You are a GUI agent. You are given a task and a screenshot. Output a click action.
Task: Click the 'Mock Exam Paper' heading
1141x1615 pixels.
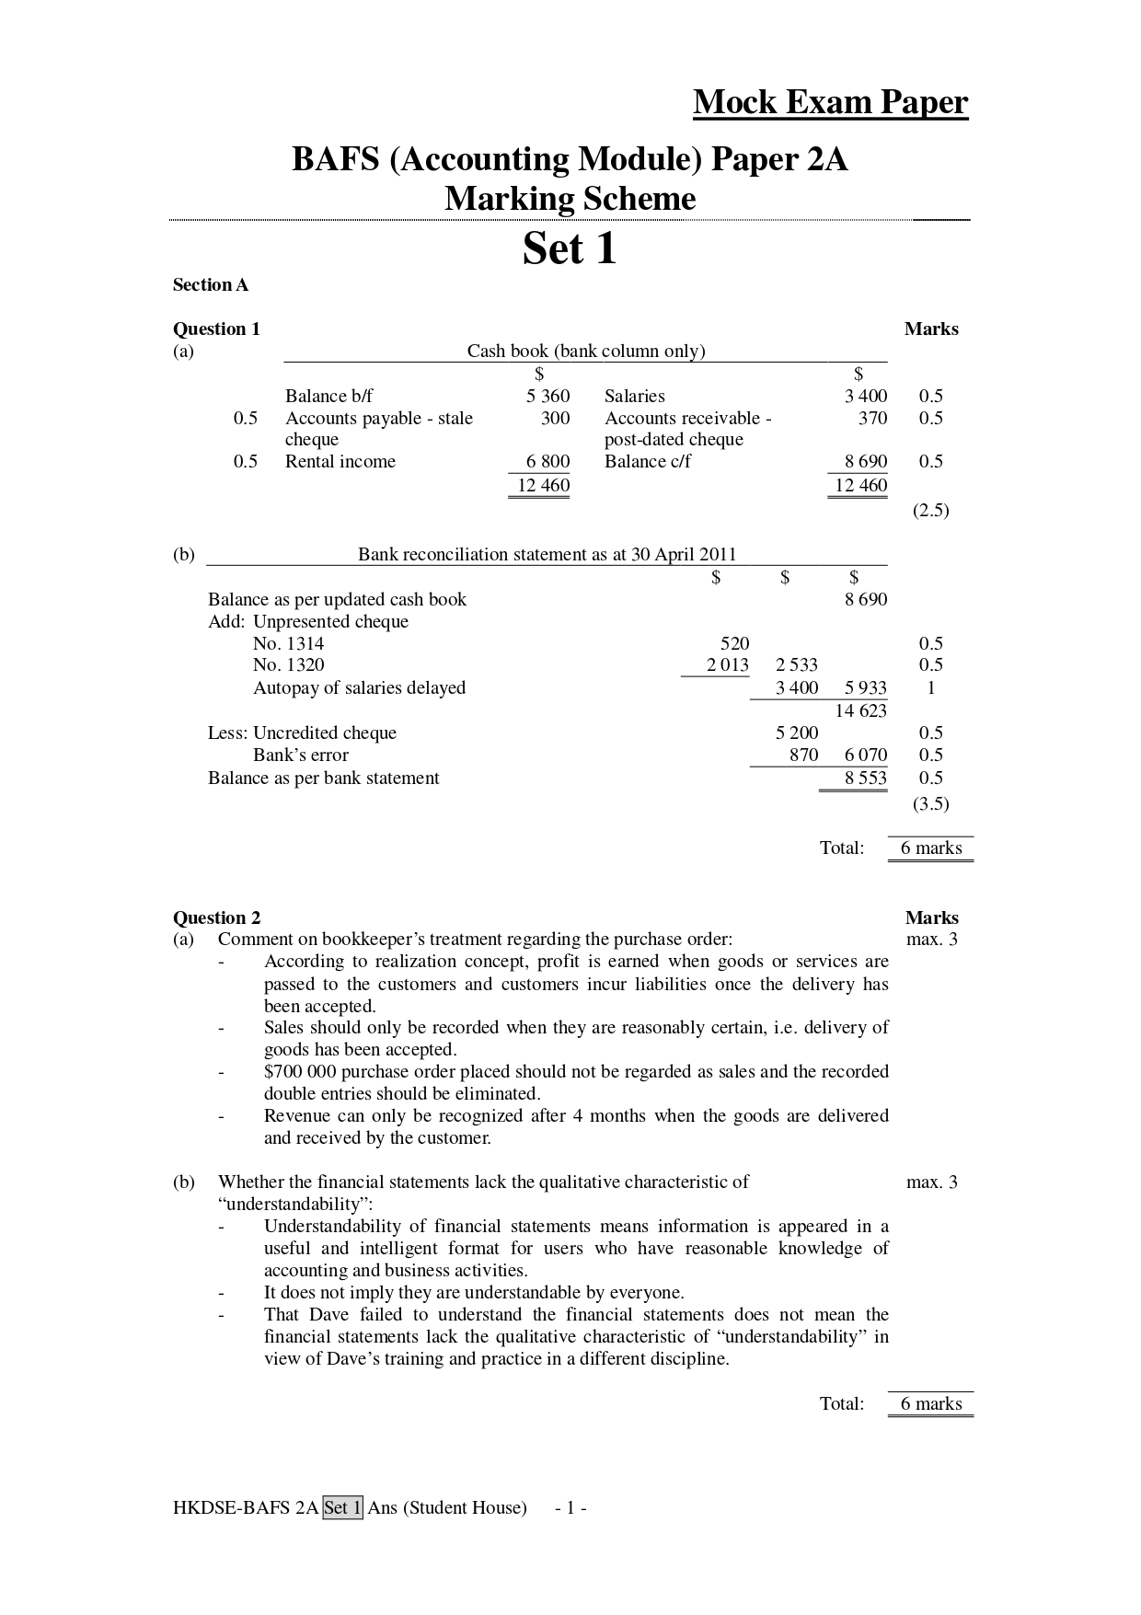830,102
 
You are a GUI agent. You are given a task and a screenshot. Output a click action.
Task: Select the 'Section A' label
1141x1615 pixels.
211,285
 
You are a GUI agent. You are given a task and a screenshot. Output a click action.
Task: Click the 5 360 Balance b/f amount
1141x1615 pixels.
547,397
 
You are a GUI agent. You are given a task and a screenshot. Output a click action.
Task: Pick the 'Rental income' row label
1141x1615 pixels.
340,462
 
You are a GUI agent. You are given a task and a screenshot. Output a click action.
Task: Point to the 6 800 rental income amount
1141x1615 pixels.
547,462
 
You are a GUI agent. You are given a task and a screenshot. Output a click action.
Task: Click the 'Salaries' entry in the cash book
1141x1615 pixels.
634,397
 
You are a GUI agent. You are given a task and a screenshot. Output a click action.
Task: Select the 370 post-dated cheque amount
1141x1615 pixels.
872,419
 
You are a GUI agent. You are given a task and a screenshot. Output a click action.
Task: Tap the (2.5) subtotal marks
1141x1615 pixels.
930,511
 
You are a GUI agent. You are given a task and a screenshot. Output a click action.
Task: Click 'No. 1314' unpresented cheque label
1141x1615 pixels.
288,644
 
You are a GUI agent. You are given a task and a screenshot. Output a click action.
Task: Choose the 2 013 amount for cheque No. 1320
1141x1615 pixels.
727,665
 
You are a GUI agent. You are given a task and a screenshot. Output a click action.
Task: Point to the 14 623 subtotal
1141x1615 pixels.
860,710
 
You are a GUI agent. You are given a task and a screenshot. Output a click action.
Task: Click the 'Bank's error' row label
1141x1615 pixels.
301,756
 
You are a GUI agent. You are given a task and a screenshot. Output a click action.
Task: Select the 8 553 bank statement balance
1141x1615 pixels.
866,779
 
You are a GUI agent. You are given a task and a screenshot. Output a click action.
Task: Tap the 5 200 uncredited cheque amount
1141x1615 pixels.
797,733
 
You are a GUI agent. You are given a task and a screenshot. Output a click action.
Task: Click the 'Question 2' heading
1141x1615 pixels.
217,917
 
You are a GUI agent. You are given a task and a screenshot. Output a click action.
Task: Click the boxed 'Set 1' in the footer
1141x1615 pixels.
343,1508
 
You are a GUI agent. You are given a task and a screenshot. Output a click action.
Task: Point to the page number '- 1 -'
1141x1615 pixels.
571,1508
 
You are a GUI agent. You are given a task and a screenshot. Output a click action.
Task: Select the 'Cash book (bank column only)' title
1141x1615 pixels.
586,351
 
